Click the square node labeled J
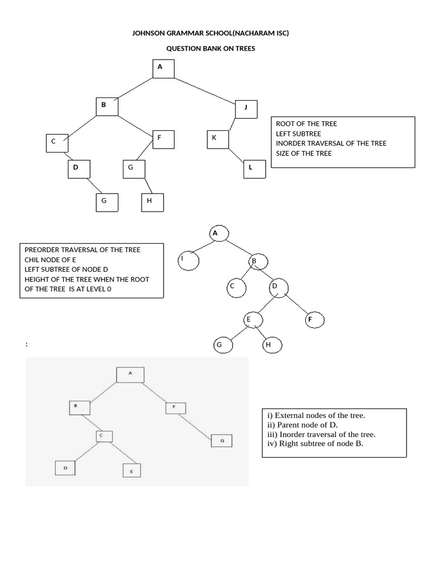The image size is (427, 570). click(246, 109)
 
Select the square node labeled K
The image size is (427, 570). click(217, 139)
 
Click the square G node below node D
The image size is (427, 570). click(107, 202)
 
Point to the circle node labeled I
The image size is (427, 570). click(188, 259)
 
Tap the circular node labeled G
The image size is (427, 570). click(222, 345)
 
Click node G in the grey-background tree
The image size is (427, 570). click(221, 441)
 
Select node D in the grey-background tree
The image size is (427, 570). click(65, 468)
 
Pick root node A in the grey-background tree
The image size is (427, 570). click(130, 374)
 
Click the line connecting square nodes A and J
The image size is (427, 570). click(205, 90)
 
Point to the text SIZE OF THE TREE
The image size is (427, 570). click(304, 153)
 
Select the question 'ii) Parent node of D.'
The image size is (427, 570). click(302, 425)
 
